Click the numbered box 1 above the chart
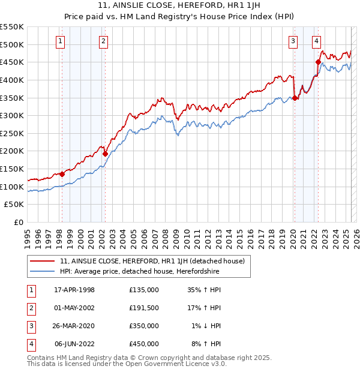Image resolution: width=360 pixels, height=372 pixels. pos(61,41)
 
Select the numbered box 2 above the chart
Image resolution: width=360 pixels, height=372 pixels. pos(104,41)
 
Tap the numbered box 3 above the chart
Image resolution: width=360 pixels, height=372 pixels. pos(293,41)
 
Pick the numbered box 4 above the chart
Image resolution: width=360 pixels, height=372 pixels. pos(316,41)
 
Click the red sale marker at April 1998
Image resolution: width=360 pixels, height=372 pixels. pos(62,174)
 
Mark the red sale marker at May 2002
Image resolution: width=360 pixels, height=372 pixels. pos(105,154)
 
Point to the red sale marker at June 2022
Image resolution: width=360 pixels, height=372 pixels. pos(318,61)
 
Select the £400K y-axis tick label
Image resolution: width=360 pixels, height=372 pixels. pos(13,80)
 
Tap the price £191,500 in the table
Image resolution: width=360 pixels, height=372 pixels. pos(144,308)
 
